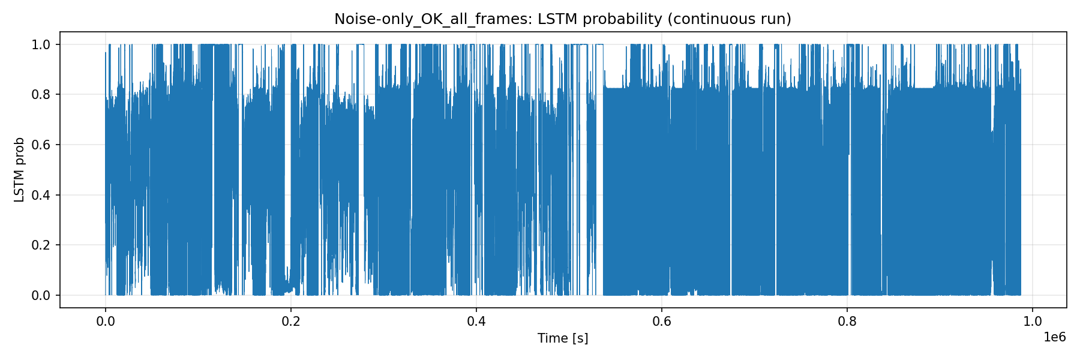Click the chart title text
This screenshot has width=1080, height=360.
coord(563,19)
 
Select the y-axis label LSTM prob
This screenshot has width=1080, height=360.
coord(20,170)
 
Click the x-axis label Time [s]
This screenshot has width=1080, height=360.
coord(563,338)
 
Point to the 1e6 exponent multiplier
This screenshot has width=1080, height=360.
coord(1055,337)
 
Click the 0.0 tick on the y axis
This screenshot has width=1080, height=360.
coord(40,295)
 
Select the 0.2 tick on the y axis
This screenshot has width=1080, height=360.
coord(40,245)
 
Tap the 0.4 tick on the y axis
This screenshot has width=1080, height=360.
coord(40,195)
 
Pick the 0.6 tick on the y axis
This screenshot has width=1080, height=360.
coord(40,145)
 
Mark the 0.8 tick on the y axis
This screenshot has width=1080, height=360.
coord(40,95)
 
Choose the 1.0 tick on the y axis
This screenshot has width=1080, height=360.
coord(40,44)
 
